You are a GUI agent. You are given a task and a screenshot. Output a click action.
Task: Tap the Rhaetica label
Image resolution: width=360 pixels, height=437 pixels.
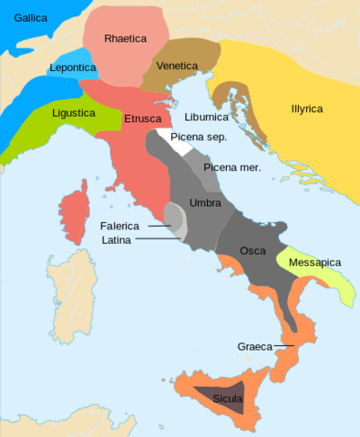point(125,38)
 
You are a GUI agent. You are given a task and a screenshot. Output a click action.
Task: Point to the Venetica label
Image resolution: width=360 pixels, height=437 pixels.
point(178,66)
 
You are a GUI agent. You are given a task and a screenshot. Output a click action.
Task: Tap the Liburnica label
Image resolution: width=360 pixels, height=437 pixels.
point(206,117)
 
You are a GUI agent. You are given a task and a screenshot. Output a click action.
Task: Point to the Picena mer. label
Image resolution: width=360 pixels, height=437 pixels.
point(231,168)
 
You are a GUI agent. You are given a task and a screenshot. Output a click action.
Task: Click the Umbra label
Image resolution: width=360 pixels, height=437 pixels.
point(205,202)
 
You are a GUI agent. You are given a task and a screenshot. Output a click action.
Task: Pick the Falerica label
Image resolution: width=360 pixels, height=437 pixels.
point(121,225)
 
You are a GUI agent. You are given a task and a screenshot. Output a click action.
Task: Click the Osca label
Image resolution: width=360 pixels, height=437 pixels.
point(252,250)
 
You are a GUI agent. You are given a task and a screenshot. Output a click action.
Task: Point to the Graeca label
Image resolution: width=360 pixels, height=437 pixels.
point(254,346)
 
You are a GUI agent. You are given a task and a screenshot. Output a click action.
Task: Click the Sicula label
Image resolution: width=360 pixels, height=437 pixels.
point(227,398)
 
